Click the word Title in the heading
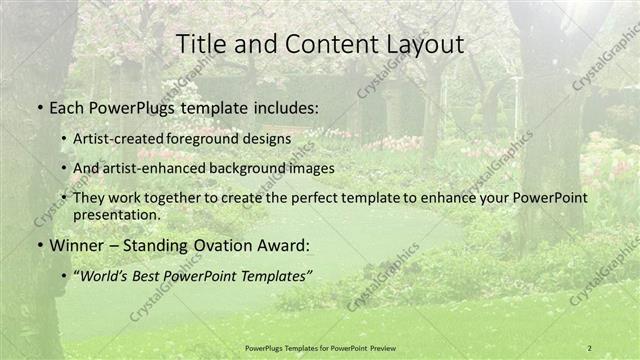[x=199, y=45]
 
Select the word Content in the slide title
[x=313, y=45]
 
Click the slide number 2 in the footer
[x=590, y=348]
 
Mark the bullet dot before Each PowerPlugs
[x=39, y=106]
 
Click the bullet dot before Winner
[x=39, y=245]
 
